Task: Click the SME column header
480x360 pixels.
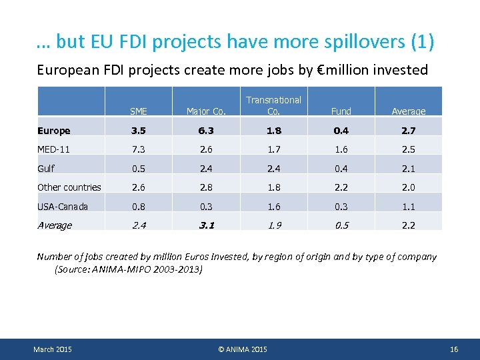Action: coord(139,111)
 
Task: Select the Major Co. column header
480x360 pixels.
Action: coord(206,111)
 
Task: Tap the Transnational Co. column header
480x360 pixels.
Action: coord(273,105)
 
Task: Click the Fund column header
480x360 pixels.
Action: coord(341,111)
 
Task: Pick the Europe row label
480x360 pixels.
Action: coord(54,131)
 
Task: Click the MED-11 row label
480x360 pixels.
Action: coord(54,149)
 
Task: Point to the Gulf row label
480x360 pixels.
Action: coord(46,169)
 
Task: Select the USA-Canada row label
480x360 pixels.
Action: coord(63,207)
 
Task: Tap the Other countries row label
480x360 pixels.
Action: coord(69,187)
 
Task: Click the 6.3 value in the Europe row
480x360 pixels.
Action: coord(206,131)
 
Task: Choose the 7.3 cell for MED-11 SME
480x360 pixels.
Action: coord(139,149)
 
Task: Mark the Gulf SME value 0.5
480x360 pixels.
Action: coord(139,169)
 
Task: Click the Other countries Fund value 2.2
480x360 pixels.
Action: coord(341,187)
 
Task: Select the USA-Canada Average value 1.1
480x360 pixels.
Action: coord(408,207)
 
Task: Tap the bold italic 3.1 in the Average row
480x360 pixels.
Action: coord(206,225)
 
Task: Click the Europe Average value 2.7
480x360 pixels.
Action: coord(408,131)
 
